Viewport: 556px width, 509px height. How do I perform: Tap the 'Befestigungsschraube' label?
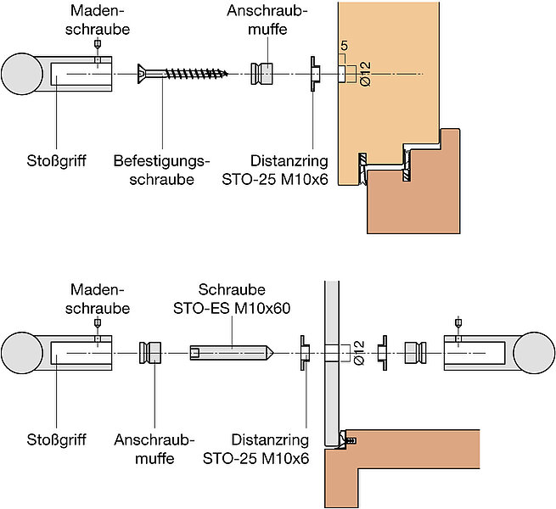pos(161,170)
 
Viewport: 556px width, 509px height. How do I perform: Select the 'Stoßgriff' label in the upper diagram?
pos(54,160)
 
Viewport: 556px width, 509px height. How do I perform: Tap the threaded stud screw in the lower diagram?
pos(231,350)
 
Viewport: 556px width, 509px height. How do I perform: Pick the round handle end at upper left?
pos(24,75)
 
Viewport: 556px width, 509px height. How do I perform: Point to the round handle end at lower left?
pos(24,350)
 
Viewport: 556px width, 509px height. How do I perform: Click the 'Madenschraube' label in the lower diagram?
pos(100,298)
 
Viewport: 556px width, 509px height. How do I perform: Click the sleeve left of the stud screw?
pos(150,350)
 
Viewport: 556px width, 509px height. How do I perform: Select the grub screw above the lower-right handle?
pos(459,322)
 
